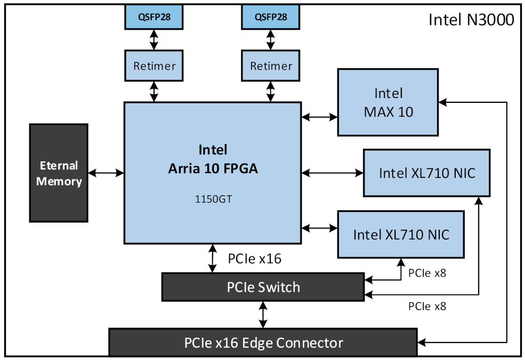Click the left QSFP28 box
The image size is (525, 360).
click(154, 17)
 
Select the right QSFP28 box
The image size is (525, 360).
click(271, 17)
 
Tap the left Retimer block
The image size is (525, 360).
click(154, 66)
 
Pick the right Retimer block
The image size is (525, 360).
click(271, 66)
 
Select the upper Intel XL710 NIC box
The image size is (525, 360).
click(426, 173)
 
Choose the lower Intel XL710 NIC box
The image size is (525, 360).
click(401, 234)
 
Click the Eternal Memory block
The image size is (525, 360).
click(59, 173)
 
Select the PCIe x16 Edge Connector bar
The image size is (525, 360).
click(263, 342)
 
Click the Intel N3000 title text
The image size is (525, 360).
click(471, 20)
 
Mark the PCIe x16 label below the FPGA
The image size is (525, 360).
click(255, 259)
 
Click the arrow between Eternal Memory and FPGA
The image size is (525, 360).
click(106, 173)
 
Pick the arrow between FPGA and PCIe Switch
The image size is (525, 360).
click(213, 258)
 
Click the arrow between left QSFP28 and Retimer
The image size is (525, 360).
click(154, 39)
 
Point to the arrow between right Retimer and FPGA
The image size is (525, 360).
click(271, 91)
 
